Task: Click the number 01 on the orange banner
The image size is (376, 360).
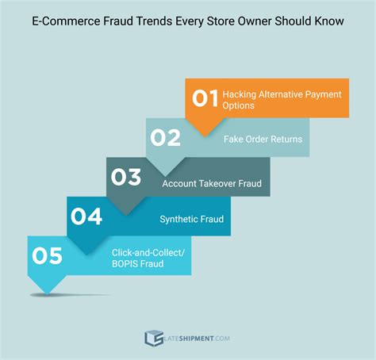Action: click(x=205, y=98)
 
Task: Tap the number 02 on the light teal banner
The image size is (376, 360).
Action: click(x=165, y=138)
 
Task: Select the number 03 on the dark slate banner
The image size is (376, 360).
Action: click(x=125, y=177)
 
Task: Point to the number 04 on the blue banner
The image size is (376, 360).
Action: click(x=86, y=216)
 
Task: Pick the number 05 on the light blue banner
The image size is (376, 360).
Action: click(x=47, y=255)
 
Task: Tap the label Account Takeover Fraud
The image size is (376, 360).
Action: click(x=211, y=183)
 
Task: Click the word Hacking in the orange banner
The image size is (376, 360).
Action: click(x=240, y=94)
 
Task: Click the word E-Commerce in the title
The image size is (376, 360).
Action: click(x=62, y=21)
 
